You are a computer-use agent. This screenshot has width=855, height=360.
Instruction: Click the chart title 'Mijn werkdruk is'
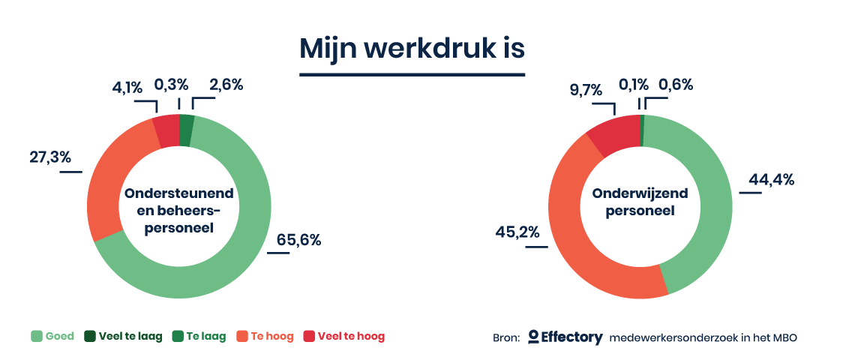[412, 48]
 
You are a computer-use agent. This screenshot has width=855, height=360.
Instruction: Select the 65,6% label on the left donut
[298, 239]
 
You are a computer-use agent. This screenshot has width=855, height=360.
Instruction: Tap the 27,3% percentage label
[50, 157]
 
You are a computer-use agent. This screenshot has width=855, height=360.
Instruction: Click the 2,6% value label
[225, 85]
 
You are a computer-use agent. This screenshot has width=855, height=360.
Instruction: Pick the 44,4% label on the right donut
[771, 179]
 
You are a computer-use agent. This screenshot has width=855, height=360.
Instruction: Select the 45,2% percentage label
[517, 232]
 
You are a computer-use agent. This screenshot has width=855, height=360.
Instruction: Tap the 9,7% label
[586, 89]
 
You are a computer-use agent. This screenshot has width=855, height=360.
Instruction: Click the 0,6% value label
[676, 85]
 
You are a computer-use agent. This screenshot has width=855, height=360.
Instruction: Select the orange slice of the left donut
[109, 175]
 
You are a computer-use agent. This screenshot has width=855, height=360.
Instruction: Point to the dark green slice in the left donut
[186, 130]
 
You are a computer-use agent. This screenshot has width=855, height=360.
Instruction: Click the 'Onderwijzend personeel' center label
[640, 202]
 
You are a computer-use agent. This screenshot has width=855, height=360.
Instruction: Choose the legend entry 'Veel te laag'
[124, 337]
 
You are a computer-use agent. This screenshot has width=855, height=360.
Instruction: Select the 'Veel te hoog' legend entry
[344, 337]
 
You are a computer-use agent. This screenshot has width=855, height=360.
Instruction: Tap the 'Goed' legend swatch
[37, 337]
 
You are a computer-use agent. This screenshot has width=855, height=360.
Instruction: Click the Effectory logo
[565, 337]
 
